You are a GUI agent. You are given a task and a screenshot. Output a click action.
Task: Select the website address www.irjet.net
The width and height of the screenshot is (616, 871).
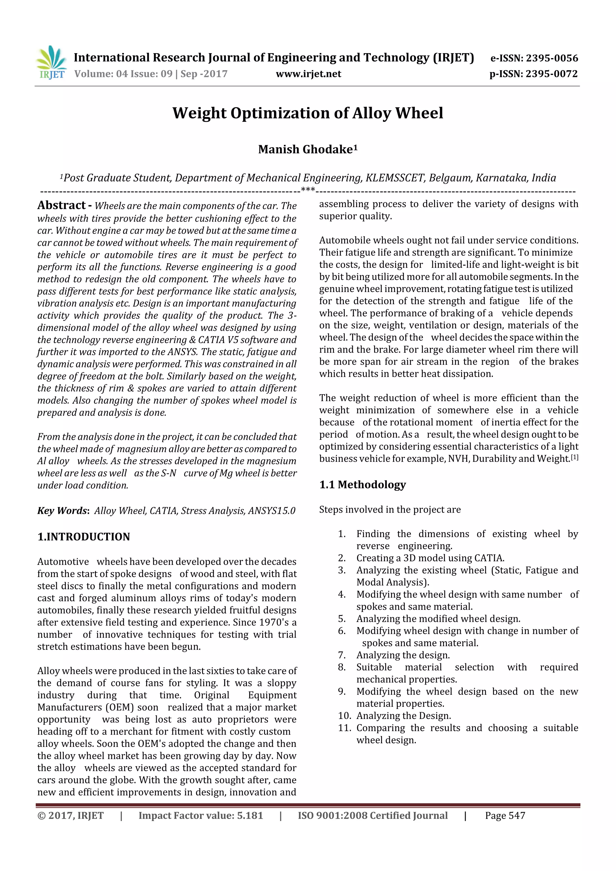(308, 74)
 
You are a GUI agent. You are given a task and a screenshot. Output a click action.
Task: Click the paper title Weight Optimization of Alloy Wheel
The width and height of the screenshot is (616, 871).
(308, 113)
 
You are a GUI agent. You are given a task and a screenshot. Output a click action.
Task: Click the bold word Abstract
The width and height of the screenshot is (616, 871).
(61, 205)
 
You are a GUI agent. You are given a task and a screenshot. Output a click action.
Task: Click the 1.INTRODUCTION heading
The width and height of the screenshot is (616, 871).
(84, 537)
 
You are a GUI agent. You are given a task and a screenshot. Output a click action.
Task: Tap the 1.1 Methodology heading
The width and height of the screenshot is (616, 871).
(362, 485)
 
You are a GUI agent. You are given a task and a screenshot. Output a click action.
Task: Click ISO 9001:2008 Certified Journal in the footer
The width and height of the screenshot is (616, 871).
(372, 816)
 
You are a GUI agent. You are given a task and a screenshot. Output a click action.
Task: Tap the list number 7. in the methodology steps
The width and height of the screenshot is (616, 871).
(342, 655)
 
